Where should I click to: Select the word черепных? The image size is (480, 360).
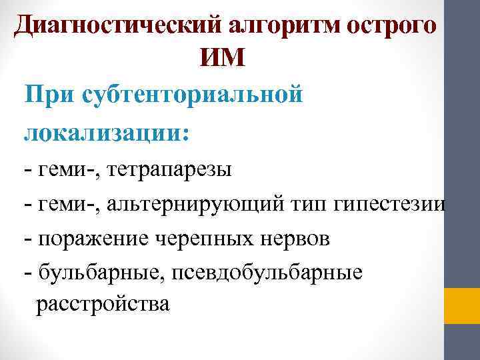point(203,237)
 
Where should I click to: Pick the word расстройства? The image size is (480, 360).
point(103,305)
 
